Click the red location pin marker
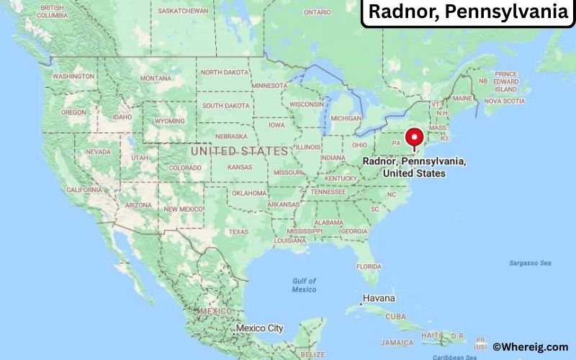coord(414,138)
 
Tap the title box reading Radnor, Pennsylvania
coord(467,13)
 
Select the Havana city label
coord(379,298)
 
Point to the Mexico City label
coord(260,328)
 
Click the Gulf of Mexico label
coord(304,284)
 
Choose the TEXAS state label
coord(238,232)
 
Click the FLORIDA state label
coord(368,266)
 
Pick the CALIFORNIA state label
coord(84,189)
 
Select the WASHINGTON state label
coord(73,76)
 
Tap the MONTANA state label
coord(156,78)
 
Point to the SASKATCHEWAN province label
coord(183,12)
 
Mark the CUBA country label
coord(395,316)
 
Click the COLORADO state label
coord(185,168)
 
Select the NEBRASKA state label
coord(230,136)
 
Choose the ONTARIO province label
coord(317,12)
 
